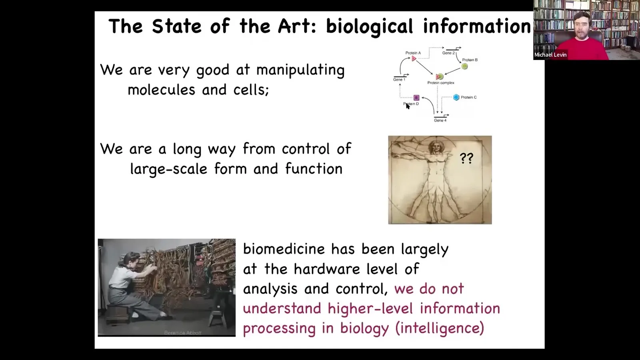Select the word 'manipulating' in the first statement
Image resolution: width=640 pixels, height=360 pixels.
(300, 70)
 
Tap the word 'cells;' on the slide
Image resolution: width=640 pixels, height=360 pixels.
(251, 90)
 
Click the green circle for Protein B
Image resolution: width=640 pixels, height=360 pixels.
(464, 66)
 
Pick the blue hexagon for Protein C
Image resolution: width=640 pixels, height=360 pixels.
(456, 98)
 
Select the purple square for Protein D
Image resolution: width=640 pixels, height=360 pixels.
(416, 98)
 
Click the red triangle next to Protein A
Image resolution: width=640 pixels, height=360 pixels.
(414, 58)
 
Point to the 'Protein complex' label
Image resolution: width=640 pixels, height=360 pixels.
(441, 83)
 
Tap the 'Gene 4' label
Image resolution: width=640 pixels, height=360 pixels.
(440, 120)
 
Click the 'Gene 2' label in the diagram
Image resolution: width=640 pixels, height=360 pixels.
(448, 53)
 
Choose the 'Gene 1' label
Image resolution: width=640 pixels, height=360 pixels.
(399, 80)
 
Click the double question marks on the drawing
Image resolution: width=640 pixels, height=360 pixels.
(466, 158)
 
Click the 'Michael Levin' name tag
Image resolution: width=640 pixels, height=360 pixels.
(550, 54)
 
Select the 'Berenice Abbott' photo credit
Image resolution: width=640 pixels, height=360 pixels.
(183, 333)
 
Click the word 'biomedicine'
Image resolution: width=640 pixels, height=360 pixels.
(284, 249)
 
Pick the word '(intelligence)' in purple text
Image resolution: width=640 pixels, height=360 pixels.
(440, 328)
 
